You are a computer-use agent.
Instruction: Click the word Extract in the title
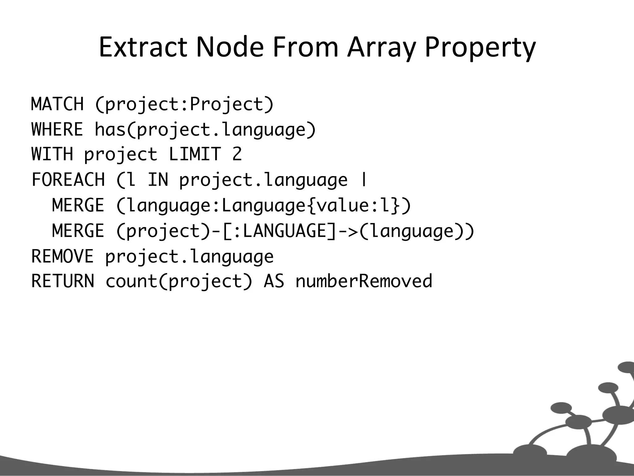click(143, 47)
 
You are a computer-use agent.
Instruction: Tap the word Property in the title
click(480, 47)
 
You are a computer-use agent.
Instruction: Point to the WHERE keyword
click(58, 129)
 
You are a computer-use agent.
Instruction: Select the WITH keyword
click(52, 154)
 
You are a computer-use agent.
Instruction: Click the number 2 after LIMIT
click(237, 154)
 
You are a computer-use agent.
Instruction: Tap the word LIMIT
click(195, 154)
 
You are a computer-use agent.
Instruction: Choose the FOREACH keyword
click(68, 180)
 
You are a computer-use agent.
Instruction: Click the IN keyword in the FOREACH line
click(158, 180)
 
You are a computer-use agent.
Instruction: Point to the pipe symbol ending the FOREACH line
click(364, 180)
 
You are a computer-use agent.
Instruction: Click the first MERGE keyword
click(78, 205)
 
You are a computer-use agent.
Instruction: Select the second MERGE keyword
click(78, 231)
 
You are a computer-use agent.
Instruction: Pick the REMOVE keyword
click(63, 256)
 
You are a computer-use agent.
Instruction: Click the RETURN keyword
click(63, 281)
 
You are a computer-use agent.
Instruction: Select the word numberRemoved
click(364, 281)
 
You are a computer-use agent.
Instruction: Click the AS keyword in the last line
click(274, 281)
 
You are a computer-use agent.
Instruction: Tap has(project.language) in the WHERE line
click(205, 129)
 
